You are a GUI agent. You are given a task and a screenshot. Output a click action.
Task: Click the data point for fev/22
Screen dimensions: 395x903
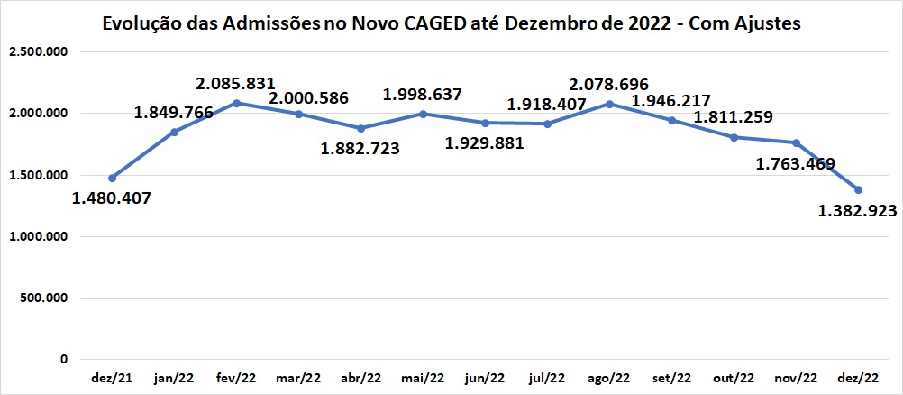pos(236,103)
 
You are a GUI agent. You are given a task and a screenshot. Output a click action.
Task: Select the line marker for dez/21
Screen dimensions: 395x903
pos(112,178)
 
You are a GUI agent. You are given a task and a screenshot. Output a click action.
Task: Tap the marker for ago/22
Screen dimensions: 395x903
pos(610,104)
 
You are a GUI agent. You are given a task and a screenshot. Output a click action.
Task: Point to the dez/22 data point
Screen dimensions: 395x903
pos(859,189)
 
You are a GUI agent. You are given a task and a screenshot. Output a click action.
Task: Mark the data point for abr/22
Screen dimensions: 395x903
pos(360,128)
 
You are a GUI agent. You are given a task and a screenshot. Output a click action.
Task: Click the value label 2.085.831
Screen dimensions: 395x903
pos(236,84)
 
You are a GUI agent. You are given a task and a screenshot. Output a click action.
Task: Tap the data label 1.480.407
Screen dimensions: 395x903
pos(113,197)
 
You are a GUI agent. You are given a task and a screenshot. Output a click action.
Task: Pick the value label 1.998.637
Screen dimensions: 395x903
pos(423,94)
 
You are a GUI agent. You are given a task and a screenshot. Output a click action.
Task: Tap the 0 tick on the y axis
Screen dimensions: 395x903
pos(66,360)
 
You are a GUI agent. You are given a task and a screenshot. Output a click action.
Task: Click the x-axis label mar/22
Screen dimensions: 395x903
pos(297,378)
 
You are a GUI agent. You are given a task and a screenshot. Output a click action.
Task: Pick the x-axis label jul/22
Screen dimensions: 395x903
pos(547,378)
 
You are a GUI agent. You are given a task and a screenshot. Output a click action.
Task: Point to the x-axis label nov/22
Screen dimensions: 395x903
pos(797,378)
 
